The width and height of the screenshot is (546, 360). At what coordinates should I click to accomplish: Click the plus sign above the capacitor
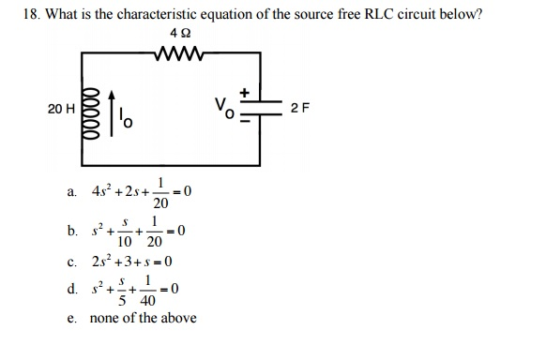248,93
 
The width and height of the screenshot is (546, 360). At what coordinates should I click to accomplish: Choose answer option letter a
72,193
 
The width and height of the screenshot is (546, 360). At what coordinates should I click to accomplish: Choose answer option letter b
72,231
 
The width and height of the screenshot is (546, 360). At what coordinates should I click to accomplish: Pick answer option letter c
72,262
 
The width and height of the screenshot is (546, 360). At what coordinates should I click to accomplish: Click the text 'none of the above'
143,318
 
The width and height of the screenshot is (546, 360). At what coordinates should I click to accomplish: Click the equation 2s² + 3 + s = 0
132,262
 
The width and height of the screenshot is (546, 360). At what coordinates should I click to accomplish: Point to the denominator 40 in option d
148,301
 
